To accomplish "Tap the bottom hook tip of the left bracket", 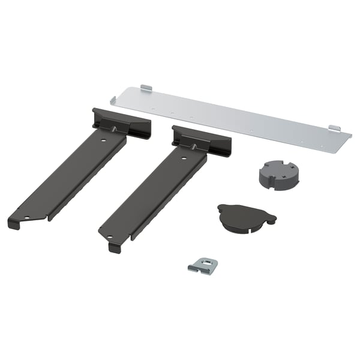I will [x=13, y=224].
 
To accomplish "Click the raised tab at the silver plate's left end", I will [x=146, y=88].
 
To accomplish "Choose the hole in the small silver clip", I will [x=203, y=262].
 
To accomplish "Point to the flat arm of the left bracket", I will [x=72, y=177].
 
